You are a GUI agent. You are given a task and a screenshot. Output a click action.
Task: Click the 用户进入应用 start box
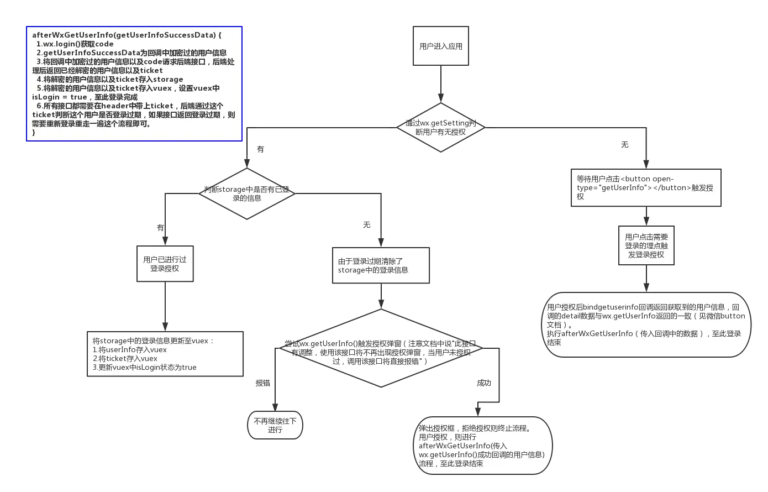click(x=440, y=46)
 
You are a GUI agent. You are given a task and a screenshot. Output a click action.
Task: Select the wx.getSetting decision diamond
click(x=440, y=127)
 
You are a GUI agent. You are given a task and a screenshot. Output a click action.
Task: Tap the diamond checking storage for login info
click(x=247, y=193)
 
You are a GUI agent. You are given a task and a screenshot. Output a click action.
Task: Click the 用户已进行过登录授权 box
click(x=165, y=264)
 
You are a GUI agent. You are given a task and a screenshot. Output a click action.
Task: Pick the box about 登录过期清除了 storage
click(x=381, y=266)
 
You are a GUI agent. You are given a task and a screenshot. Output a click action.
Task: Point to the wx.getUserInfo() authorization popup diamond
click(x=381, y=349)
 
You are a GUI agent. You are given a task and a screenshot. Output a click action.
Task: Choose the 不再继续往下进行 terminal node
click(x=275, y=425)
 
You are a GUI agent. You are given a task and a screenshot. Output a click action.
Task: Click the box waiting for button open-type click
click(x=646, y=188)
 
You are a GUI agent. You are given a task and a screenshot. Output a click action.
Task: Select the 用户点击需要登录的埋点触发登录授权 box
click(x=646, y=245)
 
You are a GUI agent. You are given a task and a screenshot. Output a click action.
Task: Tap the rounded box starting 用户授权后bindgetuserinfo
click(x=646, y=324)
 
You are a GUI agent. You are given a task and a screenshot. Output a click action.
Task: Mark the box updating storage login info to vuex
click(x=165, y=354)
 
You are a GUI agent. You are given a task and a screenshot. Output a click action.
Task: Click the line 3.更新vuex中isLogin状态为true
click(x=144, y=367)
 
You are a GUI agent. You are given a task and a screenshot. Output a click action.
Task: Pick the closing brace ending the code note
click(x=34, y=132)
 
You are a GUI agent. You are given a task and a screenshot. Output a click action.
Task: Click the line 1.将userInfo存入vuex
click(x=129, y=349)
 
